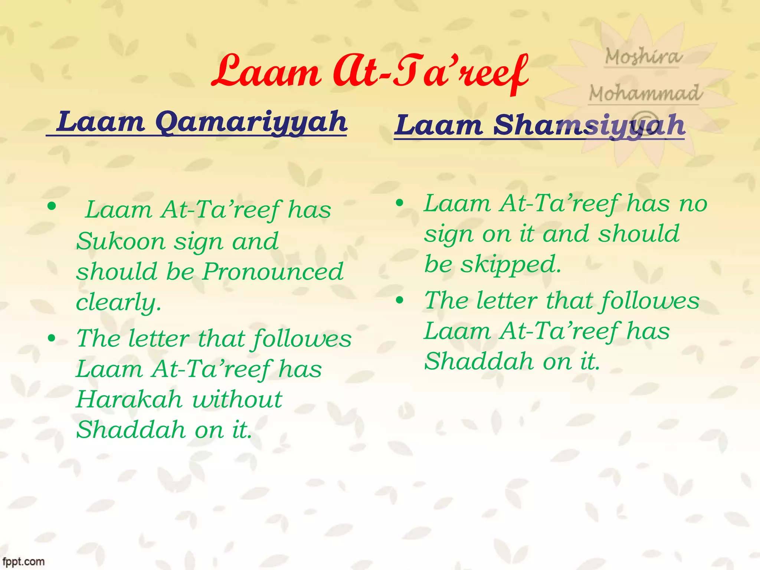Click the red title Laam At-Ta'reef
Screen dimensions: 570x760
click(369, 72)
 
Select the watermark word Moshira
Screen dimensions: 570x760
click(643, 57)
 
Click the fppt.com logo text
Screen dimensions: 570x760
click(23, 561)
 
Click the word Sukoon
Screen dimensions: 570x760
click(121, 242)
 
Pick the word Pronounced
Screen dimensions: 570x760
click(273, 272)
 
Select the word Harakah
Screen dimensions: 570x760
click(129, 400)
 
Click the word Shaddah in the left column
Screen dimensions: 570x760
click(131, 430)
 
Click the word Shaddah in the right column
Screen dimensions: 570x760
click(479, 361)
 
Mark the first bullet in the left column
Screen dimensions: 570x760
click(52, 206)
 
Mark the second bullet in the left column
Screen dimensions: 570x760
click(52, 338)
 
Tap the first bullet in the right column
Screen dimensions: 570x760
click(399, 203)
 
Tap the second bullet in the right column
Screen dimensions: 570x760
click(399, 300)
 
